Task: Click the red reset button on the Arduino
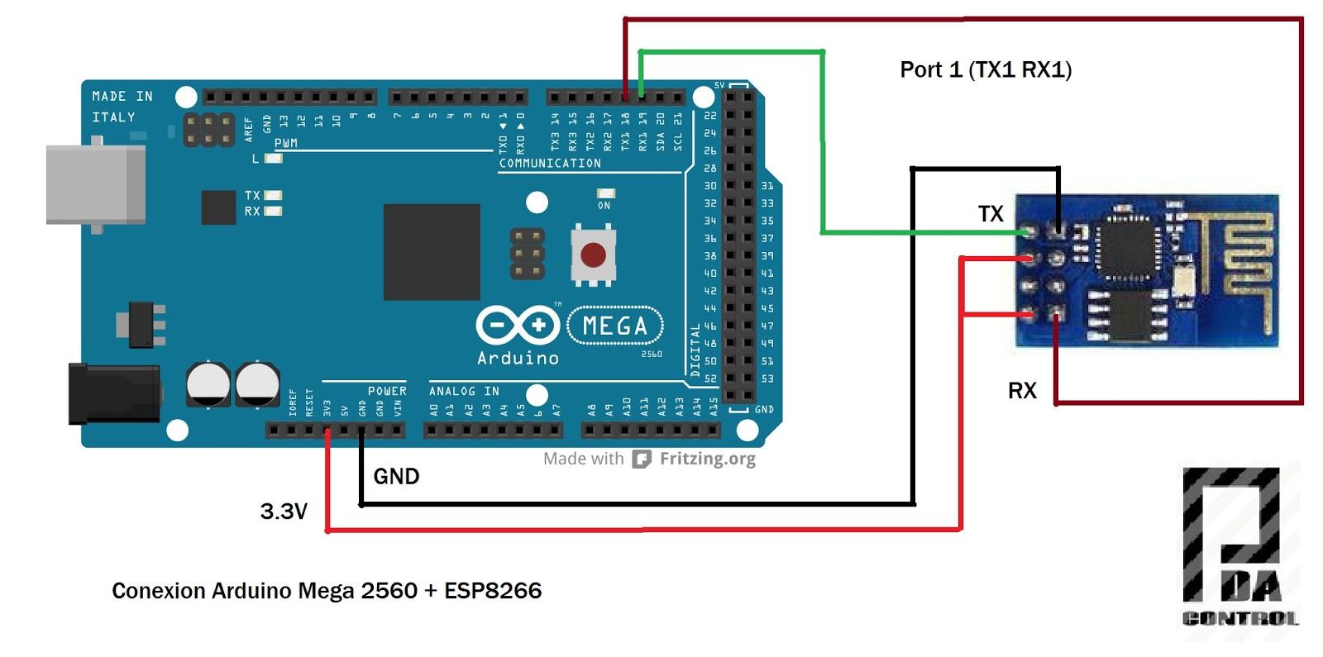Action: pos(593,255)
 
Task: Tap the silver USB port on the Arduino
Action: pos(96,184)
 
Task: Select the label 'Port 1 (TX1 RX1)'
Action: pos(986,69)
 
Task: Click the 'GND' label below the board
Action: pos(396,476)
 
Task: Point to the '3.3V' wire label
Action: pos(284,512)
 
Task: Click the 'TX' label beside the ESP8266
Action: pos(991,214)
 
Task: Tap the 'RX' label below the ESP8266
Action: pos(1022,391)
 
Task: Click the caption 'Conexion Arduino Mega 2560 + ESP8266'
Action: pos(327,591)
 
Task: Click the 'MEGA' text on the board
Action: pos(615,326)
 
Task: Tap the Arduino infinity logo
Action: pos(518,325)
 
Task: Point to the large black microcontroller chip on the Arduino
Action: pos(432,251)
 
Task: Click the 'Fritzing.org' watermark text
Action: pos(707,459)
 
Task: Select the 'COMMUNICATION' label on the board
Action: pos(550,164)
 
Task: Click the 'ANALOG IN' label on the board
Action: pos(464,391)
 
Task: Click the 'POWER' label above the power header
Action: pos(387,391)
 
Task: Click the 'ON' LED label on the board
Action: pos(604,206)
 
